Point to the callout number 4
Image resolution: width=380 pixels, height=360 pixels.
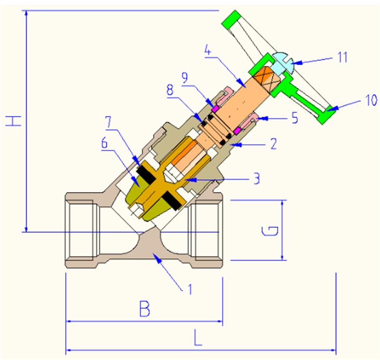pos(207,49)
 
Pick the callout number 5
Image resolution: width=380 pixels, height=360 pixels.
pos(294,117)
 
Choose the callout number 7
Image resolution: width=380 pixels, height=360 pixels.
pos(109,121)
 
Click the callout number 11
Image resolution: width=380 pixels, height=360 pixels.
pos(342,58)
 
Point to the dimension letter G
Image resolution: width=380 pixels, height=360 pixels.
pos(269,231)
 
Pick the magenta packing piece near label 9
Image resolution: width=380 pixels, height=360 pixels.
pos(214,109)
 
